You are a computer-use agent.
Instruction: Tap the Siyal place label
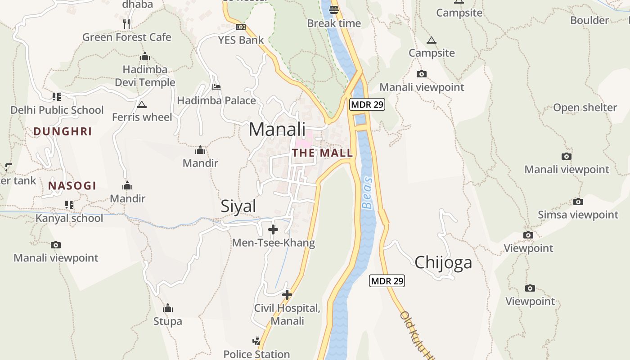238,206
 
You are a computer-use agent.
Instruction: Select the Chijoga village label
443,262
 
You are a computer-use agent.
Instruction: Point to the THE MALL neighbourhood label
322,153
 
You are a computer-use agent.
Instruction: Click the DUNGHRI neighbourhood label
63,131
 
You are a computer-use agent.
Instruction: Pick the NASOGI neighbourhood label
72,185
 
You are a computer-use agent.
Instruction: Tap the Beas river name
368,193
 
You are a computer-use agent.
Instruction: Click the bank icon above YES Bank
241,27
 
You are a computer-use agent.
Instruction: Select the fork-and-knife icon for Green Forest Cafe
126,23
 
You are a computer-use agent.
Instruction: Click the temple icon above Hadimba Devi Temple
144,57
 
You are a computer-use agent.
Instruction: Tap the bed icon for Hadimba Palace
216,87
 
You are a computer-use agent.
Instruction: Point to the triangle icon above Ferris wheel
142,105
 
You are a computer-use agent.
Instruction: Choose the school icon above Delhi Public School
57,97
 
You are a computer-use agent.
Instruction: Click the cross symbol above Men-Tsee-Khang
273,229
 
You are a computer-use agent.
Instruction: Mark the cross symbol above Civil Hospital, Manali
287,295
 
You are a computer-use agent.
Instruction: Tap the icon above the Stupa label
168,308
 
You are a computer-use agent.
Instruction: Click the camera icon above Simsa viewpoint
578,202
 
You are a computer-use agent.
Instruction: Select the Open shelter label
585,108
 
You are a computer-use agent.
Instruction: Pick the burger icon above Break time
334,10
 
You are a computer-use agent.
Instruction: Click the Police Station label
256,354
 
